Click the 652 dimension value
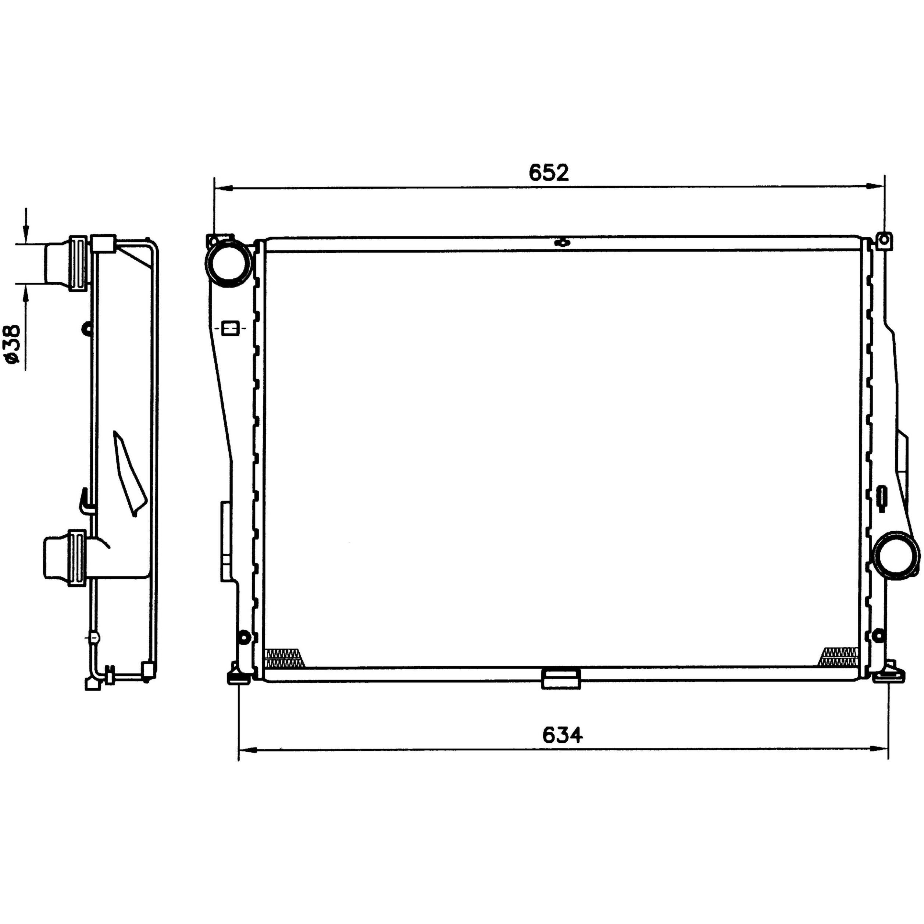[x=549, y=173]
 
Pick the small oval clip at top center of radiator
[x=563, y=242]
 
